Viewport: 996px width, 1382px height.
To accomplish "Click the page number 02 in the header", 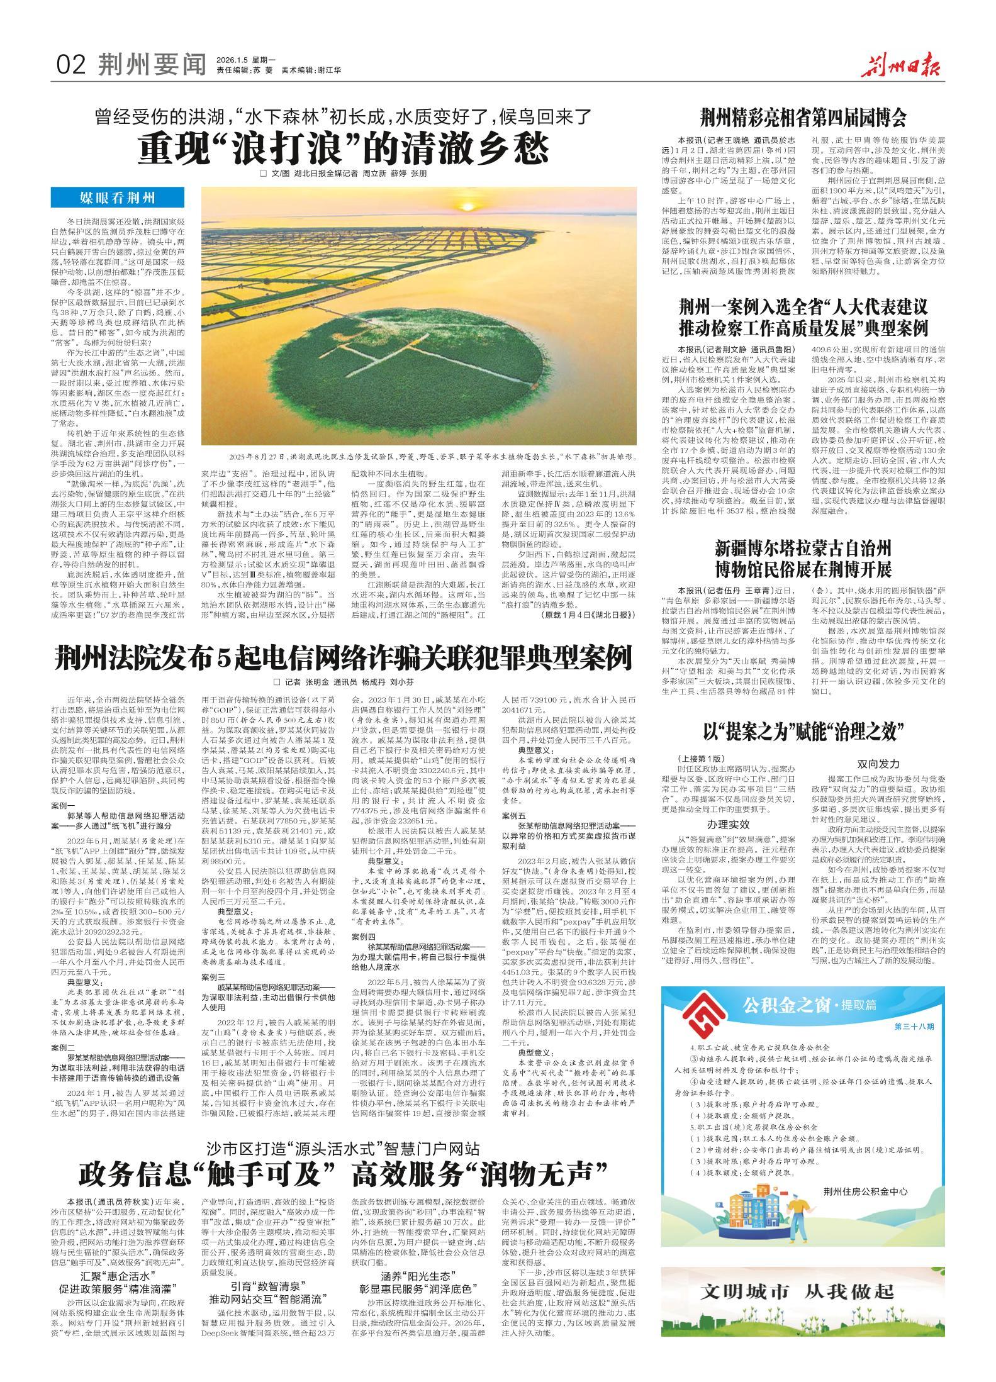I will tap(71, 64).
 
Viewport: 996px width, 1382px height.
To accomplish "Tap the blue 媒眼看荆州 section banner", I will tap(117, 199).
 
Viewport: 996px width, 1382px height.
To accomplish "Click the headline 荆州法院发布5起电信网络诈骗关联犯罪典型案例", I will tap(343, 660).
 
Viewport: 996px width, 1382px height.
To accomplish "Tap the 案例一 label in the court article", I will tap(64, 806).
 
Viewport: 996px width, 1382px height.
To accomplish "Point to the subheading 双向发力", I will tap(878, 764).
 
